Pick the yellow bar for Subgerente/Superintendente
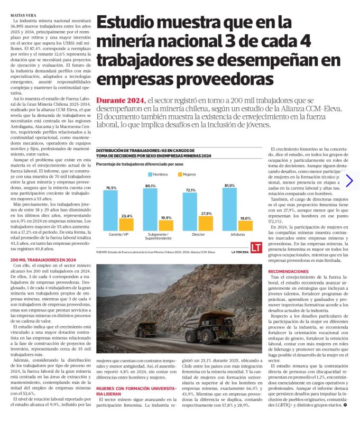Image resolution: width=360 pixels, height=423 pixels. point(165,225)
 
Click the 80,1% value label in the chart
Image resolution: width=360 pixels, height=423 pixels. point(150,186)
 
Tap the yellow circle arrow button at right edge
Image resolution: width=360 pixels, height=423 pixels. point(349,180)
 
